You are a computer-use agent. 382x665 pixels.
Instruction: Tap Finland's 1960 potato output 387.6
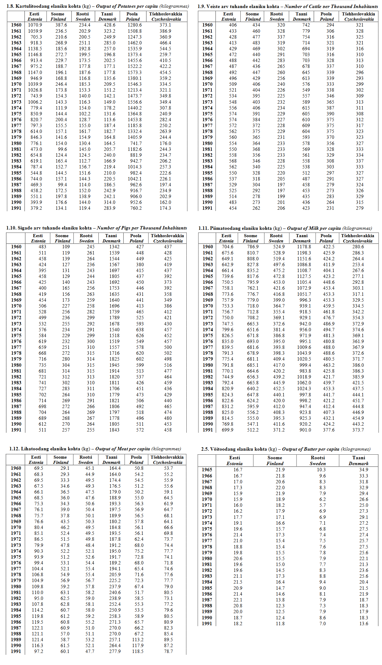(61, 25)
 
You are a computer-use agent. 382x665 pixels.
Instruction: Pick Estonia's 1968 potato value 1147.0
(35, 72)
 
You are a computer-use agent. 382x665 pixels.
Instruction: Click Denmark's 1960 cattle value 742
(306, 25)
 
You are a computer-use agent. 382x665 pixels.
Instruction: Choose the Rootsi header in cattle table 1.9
(276, 14)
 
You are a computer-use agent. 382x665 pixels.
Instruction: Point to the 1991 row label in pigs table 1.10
(16, 430)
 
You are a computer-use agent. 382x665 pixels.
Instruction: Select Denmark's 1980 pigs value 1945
(114, 365)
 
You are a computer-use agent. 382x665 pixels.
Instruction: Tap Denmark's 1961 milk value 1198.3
(304, 253)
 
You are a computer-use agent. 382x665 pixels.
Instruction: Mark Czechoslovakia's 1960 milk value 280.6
(358, 247)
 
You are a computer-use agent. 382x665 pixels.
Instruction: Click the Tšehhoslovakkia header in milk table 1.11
(357, 236)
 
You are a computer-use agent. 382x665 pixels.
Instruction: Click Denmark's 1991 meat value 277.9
(115, 651)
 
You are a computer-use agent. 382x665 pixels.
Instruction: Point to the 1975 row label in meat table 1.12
(16, 557)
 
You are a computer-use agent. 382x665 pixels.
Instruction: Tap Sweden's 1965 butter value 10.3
(321, 470)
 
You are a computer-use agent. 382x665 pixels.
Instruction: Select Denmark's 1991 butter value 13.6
(363, 624)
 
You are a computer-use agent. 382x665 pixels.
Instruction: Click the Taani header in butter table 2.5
(359, 458)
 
